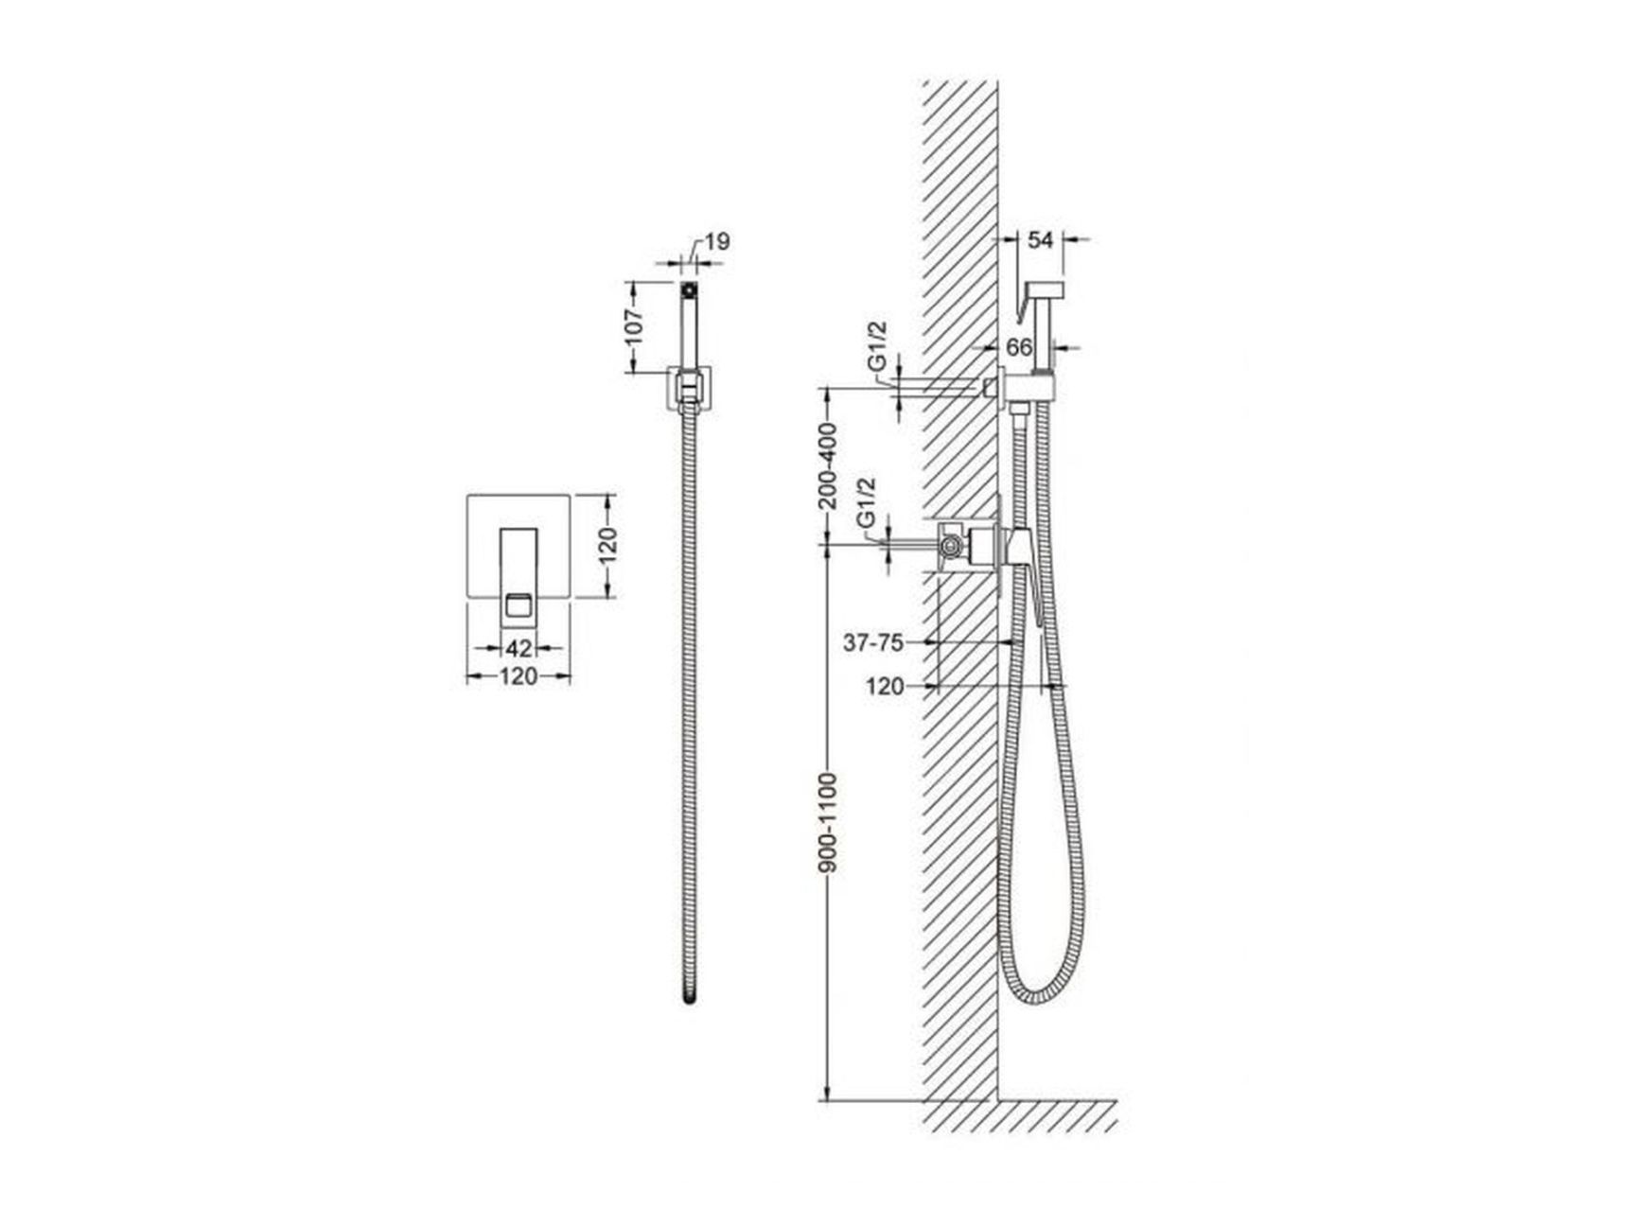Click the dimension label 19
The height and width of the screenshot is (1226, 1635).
718,242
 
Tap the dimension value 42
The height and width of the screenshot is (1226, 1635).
519,648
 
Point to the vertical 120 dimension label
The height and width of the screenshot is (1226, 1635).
607,545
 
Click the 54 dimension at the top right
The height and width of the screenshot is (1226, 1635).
1041,240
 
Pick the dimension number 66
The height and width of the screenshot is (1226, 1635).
1019,348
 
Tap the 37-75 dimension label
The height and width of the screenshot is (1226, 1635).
873,643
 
